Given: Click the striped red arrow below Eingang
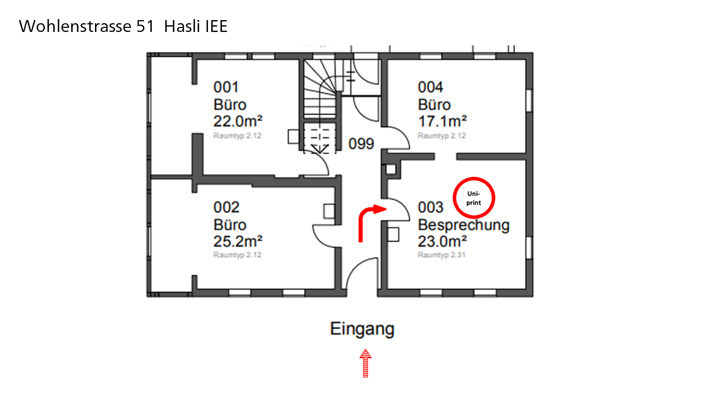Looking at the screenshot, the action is point(365,363).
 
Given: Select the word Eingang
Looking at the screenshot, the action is point(362,329).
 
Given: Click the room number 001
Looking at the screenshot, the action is point(226,87).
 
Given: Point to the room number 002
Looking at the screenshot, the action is point(226,207).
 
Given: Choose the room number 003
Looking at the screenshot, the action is point(430,207).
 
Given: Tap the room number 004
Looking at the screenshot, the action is point(430,87).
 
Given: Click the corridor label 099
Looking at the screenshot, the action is point(361,144).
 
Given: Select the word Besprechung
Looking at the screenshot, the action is point(463,225).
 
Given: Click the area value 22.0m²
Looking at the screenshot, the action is point(238,121).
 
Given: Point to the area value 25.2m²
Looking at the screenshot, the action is point(238,241).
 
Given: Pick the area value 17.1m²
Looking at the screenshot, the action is point(442,121).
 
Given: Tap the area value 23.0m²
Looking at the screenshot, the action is point(442,241).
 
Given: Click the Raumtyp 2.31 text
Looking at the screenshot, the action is point(442,255).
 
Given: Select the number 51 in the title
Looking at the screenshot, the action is point(145,26).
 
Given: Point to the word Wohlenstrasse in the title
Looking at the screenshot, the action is point(75,26).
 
